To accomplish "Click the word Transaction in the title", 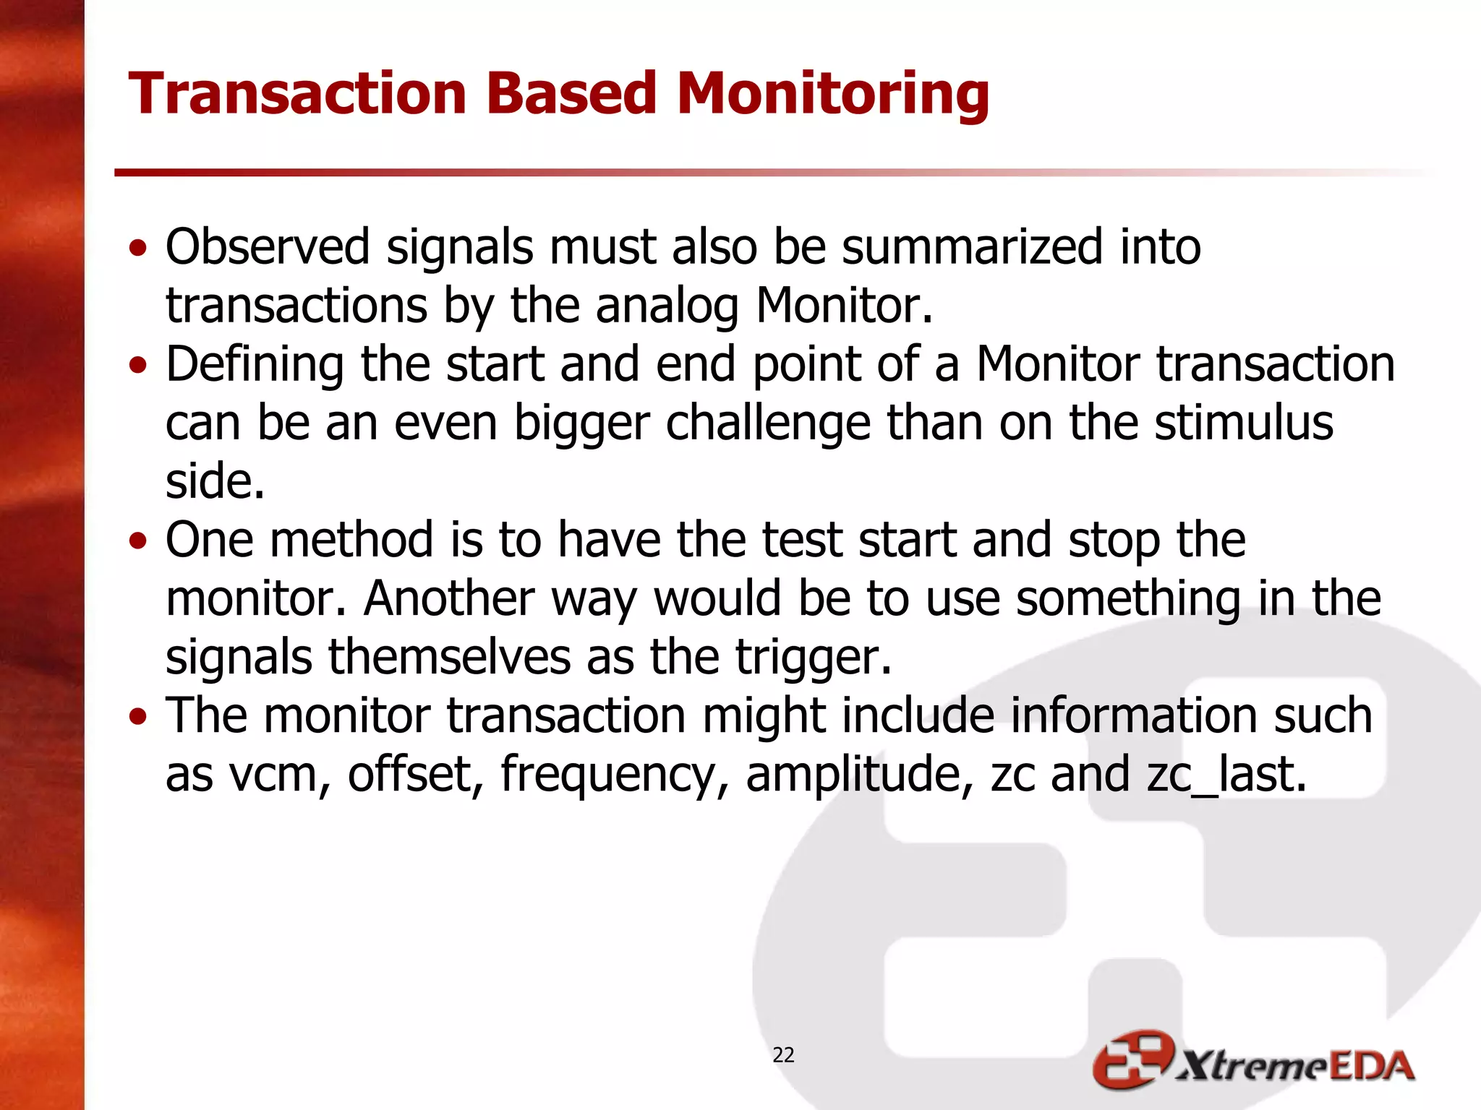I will [297, 94].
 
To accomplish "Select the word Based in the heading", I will [571, 94].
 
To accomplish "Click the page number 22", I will [783, 1055].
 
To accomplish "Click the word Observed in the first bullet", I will [268, 247].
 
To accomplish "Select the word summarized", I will [972, 247].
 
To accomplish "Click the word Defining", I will [255, 366].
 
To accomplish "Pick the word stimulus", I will [1243, 423].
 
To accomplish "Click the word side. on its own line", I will [215, 481].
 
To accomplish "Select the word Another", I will [448, 599].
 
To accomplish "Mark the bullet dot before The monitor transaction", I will [138, 718].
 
